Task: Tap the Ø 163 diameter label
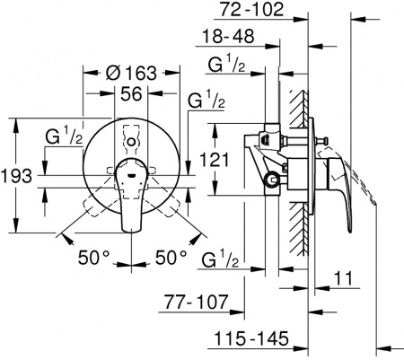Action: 133,73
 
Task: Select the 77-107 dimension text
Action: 195,304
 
